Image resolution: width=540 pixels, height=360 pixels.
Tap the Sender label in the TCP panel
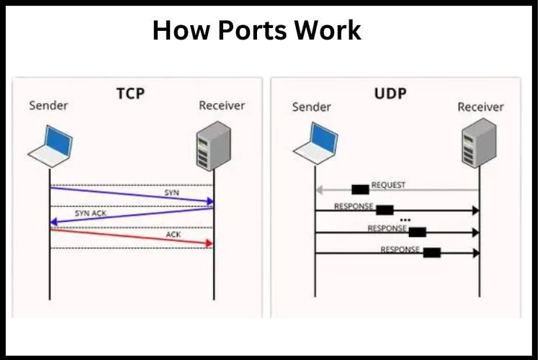point(49,106)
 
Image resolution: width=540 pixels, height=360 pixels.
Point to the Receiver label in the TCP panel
point(222,106)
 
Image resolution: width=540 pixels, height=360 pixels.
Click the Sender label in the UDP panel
point(312,107)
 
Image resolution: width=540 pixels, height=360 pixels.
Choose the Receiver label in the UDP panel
point(481,107)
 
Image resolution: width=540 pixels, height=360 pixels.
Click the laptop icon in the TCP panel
point(52,144)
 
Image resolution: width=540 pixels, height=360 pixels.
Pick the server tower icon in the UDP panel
point(479,147)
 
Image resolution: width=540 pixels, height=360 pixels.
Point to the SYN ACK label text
point(91,214)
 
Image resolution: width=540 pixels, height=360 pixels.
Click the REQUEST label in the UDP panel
point(388,185)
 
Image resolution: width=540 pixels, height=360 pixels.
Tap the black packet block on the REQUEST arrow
point(360,189)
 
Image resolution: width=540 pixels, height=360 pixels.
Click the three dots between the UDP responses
point(405,220)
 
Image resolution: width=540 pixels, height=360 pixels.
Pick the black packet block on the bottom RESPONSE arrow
point(431,253)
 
